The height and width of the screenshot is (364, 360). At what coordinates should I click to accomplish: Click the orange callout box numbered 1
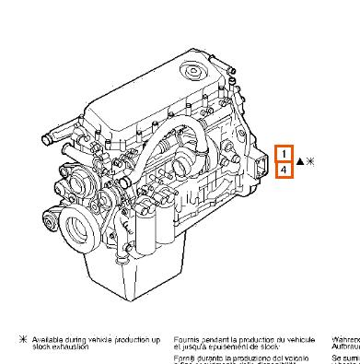click(x=285, y=153)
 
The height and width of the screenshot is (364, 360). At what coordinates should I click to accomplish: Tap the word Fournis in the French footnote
click(x=186, y=340)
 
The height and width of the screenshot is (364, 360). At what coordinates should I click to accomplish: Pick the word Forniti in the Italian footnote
click(x=185, y=357)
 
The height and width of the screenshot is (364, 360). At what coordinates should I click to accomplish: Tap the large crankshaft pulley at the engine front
click(x=81, y=221)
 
